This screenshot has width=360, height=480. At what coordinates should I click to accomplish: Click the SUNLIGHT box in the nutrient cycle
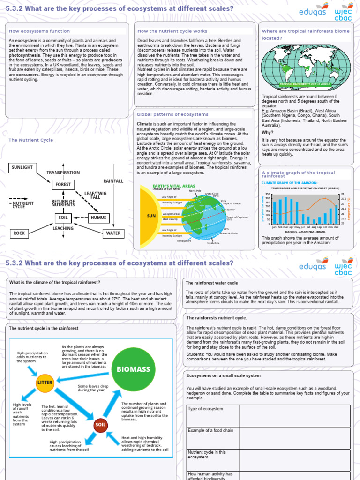point(22,167)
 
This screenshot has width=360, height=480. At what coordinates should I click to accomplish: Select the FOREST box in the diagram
point(63,185)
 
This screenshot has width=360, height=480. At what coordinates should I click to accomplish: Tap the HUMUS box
point(98,217)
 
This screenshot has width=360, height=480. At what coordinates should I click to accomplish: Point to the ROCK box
point(19,233)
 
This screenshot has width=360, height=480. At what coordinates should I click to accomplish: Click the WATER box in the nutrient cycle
point(113,233)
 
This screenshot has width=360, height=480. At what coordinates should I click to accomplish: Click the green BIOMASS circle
point(133,369)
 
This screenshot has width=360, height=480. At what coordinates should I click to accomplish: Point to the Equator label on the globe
point(230,210)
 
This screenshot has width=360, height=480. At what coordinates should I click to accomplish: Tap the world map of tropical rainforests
point(305,67)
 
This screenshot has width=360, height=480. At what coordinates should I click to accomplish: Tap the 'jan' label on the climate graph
point(274,226)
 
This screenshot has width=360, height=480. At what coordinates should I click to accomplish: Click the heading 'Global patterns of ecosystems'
point(172,114)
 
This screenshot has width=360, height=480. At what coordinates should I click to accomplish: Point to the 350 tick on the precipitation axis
point(268,194)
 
